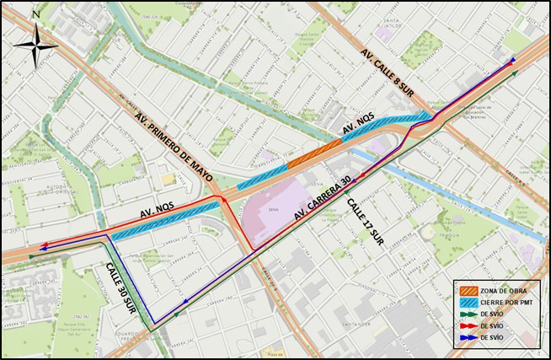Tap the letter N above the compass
tap(35, 15)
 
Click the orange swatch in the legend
tap(468, 290)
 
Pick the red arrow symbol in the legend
tap(468, 325)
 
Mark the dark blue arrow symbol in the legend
tap(468, 337)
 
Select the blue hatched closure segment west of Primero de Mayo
tap(160, 221)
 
